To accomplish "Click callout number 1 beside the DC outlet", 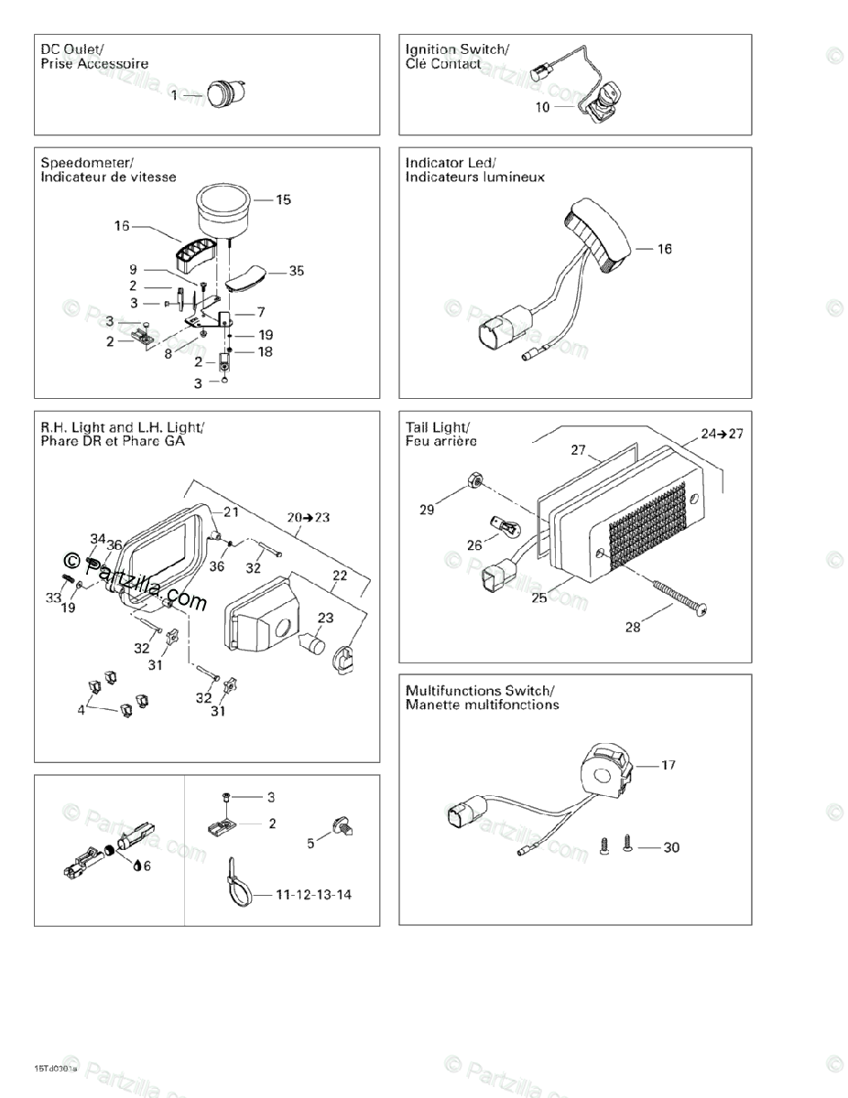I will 174,95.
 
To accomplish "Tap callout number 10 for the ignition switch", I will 542,107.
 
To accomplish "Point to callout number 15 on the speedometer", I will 283,199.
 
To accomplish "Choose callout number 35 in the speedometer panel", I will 296,271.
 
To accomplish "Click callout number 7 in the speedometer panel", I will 261,312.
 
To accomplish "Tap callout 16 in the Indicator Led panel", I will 664,248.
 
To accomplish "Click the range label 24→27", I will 722,434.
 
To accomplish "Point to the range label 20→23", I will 309,517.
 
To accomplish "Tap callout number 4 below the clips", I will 82,708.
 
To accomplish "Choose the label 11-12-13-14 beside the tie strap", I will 313,894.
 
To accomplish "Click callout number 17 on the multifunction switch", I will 669,765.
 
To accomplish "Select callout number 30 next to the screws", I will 671,847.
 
